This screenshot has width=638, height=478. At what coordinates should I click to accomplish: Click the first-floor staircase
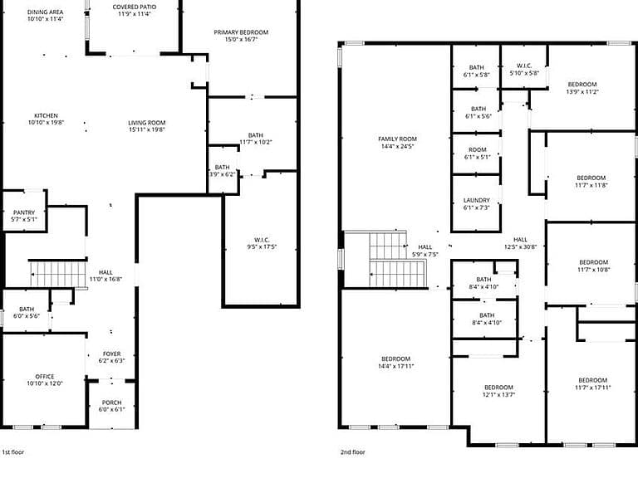coord(58,274)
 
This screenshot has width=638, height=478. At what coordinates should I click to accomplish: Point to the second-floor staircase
coord(397,259)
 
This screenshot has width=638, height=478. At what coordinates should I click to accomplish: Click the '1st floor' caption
coord(13,452)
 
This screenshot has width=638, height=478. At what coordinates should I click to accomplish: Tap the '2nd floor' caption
coord(353,452)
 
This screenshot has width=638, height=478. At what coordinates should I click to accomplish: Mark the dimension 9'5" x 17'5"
coord(262,246)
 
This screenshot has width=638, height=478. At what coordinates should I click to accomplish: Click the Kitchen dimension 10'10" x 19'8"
coord(46,122)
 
